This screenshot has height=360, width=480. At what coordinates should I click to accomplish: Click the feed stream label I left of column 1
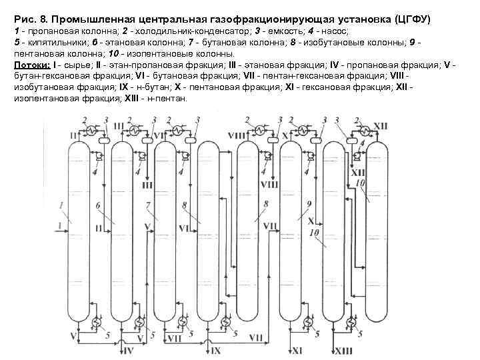click(59, 225)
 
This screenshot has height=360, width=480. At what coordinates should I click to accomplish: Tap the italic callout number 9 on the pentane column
click(309, 204)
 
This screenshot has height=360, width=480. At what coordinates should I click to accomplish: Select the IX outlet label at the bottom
click(215, 350)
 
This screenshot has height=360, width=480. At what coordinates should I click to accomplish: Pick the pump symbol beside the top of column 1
click(97, 157)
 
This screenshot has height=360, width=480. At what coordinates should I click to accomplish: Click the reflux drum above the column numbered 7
click(190, 141)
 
